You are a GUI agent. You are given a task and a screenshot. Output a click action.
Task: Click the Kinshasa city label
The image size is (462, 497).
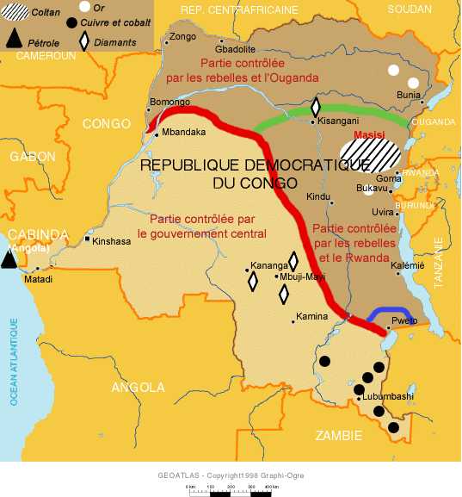coord(112,241)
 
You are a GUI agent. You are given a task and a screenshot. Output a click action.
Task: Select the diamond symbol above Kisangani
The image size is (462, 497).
coord(316,107)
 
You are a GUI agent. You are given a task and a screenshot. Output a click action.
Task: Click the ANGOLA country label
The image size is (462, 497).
coord(138,387)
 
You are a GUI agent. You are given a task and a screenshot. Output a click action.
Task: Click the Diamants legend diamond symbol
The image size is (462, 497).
coord(84,40)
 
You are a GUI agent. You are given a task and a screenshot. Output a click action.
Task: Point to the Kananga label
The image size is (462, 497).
coord(263,264)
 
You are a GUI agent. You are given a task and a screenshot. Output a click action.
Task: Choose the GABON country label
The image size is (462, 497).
coord(33,156)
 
